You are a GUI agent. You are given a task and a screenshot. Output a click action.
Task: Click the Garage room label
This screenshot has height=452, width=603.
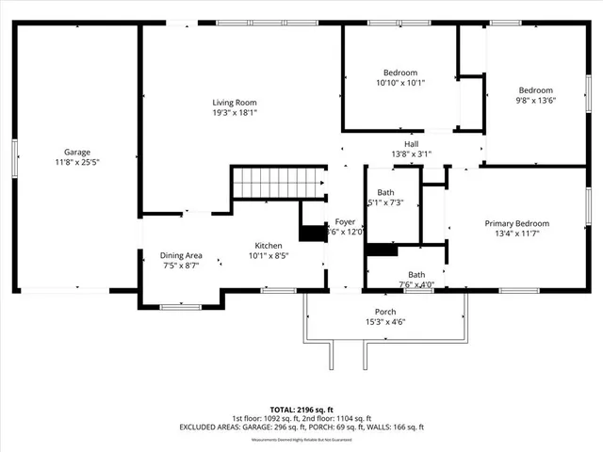click(77, 152)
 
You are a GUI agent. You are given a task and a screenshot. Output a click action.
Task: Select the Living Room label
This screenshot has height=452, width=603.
click(234, 103)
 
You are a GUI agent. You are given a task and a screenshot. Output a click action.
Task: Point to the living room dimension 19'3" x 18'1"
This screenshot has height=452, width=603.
click(234, 112)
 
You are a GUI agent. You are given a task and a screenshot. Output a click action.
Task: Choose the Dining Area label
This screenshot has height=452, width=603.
click(181, 255)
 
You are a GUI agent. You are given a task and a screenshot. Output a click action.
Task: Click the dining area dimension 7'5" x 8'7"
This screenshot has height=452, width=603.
click(181, 266)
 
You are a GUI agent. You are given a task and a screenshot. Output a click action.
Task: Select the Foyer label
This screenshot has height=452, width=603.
click(346, 221)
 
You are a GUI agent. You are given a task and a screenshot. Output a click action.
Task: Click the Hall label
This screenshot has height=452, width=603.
click(412, 144)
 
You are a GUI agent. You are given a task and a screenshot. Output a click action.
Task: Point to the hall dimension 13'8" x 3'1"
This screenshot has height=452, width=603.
click(412, 153)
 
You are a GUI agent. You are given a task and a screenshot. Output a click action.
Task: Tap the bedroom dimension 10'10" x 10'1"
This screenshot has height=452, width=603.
click(400, 83)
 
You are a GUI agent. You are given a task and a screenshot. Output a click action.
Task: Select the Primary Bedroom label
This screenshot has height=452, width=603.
click(516, 223)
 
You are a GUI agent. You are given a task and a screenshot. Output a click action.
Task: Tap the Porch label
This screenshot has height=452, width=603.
click(385, 312)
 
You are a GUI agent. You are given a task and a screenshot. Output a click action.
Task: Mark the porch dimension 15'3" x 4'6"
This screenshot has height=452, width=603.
click(385, 322)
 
